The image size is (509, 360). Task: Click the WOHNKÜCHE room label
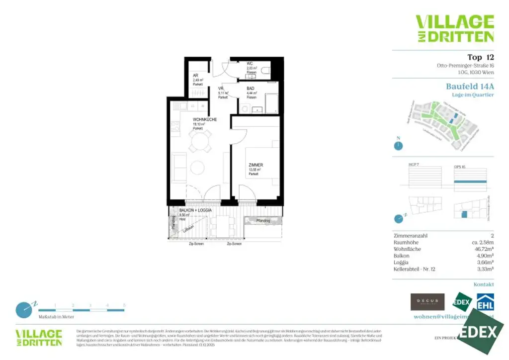[205, 120]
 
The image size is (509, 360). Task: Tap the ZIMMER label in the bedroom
[256, 165]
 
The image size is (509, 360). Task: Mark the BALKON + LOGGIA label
[195, 211]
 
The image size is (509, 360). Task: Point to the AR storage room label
[195, 76]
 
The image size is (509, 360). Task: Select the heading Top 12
[480, 57]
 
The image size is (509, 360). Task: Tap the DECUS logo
[427, 302]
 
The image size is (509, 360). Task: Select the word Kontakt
[484, 284]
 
